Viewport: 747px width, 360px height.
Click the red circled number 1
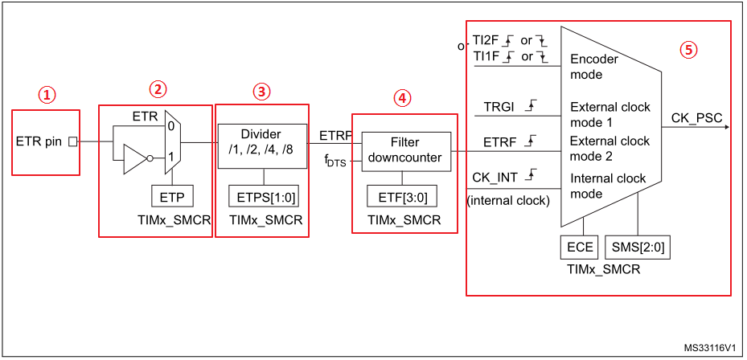click(47, 95)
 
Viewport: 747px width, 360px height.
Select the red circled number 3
click(261, 91)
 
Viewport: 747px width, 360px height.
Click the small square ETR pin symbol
click(72, 141)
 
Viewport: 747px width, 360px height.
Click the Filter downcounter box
click(404, 150)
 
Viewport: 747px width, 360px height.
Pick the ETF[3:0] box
click(404, 195)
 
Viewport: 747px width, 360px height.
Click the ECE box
click(581, 247)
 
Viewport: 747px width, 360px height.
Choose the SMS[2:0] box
click(640, 247)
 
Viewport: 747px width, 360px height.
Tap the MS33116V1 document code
click(712, 349)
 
